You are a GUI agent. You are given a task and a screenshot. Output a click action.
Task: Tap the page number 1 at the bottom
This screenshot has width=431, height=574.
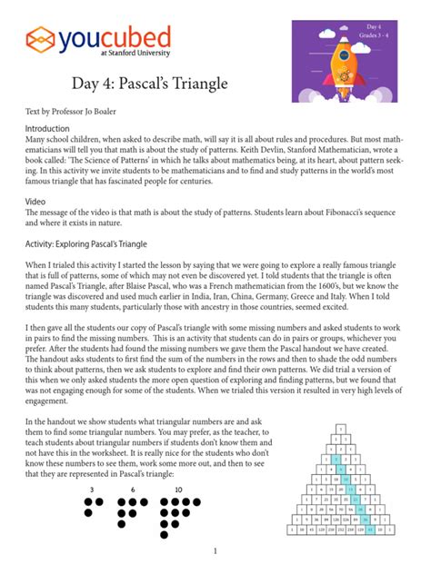pos(215,550)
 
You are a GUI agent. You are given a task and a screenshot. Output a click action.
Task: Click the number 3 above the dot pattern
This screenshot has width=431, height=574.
pos(91,490)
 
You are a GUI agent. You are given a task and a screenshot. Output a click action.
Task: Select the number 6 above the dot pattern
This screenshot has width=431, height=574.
pos(133,490)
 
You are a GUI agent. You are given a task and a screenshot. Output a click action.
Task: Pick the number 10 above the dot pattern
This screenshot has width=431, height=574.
pos(177,490)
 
